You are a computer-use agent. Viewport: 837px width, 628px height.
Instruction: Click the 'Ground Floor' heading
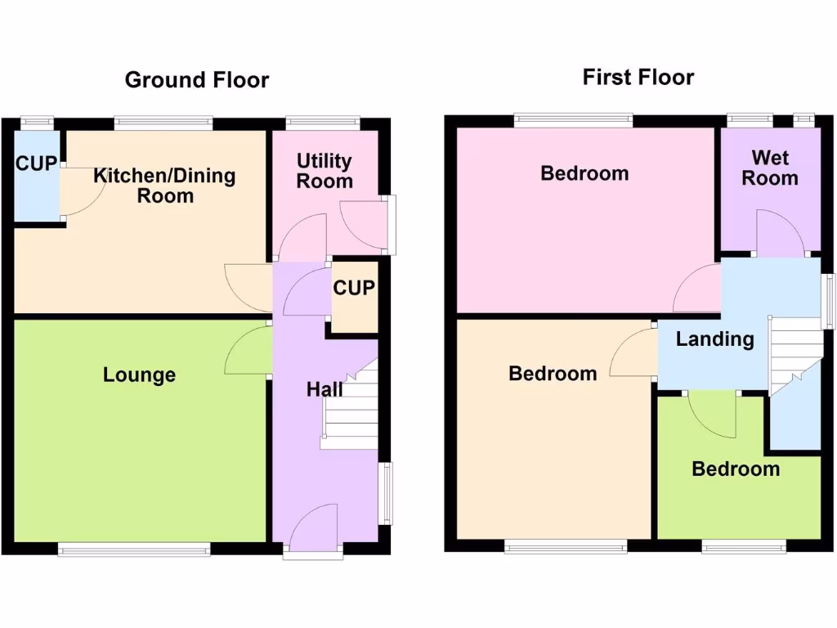click(x=196, y=80)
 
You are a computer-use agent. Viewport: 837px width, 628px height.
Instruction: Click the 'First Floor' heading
click(x=638, y=78)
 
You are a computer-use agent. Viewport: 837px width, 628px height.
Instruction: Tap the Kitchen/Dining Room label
click(x=164, y=186)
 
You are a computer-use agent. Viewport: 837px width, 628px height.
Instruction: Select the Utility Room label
click(x=324, y=171)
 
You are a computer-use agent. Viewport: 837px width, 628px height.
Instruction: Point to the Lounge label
click(x=139, y=375)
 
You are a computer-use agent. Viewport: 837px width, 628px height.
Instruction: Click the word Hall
click(x=324, y=390)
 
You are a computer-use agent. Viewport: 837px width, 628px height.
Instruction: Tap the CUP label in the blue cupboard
click(x=36, y=164)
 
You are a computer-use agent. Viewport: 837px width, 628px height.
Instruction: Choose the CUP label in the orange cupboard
click(x=354, y=289)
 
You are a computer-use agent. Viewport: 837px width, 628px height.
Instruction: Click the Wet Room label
click(x=769, y=168)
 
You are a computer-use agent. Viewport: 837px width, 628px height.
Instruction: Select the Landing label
click(x=714, y=339)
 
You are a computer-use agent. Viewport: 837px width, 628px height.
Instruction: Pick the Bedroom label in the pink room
click(x=584, y=173)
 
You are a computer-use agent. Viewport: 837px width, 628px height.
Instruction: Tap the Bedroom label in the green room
click(x=735, y=469)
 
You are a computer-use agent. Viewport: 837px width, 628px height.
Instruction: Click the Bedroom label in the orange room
click(x=553, y=374)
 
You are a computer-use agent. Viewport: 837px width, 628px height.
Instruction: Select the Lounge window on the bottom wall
click(x=134, y=549)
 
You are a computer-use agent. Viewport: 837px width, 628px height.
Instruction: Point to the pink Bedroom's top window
click(x=573, y=120)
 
